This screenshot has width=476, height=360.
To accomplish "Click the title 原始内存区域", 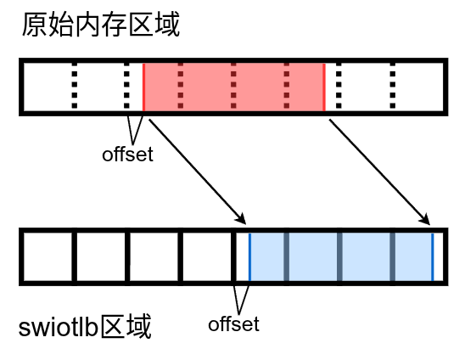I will coord(101,25).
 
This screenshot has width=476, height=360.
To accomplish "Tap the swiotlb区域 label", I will coord(85,326).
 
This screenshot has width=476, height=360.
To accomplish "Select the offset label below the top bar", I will coord(127,155).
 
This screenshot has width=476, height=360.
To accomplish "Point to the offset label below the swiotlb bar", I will coord(233,323).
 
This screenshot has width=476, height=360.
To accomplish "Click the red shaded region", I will coord(233,87).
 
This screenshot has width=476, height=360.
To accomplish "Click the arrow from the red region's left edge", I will coord(195,169).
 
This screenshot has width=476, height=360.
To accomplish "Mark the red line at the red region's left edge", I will coord(143,87).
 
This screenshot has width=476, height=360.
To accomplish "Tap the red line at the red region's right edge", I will coord(324,87).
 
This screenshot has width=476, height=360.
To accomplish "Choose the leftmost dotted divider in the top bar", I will coord(74,87).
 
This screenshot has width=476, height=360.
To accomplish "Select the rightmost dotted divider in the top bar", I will coord(393,87).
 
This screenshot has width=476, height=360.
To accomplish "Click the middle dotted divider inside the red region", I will coord(233,87).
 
